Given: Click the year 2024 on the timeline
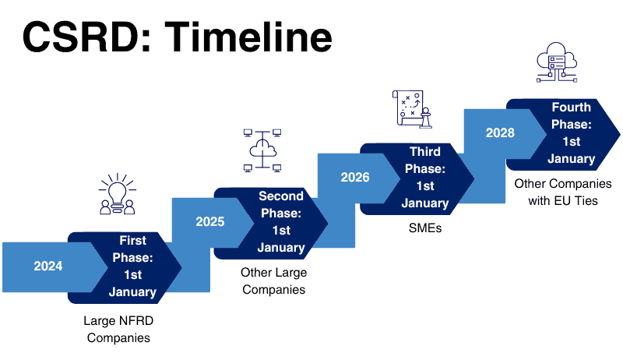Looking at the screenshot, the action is tap(48, 266).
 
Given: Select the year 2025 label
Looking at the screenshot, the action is tap(210, 221).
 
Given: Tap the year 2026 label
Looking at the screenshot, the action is tap(355, 177).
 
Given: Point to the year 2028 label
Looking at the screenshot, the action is tap(500, 132).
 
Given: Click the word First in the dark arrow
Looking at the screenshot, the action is tap(132, 241).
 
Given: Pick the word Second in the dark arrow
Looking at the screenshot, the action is tap(281, 196).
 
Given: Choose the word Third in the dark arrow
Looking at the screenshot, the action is tap(425, 151).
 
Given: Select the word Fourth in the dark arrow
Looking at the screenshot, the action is tap(572, 107).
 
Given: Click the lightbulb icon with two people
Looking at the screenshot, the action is tap(118, 194).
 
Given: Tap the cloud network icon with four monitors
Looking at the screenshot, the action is tap(262, 150).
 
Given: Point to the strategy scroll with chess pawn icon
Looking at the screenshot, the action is tap(412, 109).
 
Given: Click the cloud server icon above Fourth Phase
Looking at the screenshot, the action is tap(557, 62).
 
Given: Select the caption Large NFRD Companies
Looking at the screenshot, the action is tap(118, 329).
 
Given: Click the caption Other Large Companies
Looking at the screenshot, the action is tap(274, 281).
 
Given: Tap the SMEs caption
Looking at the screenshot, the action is tap(425, 228).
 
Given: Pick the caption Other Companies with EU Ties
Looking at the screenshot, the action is tap(563, 192).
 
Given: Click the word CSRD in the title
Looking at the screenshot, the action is tap(87, 37).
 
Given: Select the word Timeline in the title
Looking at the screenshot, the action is tap(248, 37).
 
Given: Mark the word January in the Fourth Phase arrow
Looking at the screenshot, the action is tap(572, 159).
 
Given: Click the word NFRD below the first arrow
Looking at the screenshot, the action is tap(136, 321).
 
